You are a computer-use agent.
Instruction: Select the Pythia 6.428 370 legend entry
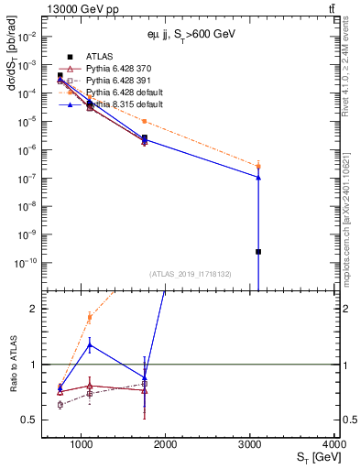(x=114, y=70)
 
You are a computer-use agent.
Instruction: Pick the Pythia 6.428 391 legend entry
(x=114, y=82)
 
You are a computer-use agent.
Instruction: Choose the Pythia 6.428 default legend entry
(x=119, y=93)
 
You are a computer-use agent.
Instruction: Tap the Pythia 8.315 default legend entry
(x=119, y=105)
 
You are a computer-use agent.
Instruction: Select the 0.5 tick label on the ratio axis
(x=30, y=420)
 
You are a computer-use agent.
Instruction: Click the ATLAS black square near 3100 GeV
(x=259, y=252)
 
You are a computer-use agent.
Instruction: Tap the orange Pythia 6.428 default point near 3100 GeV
(x=259, y=166)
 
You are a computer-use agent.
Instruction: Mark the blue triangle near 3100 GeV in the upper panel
(x=259, y=177)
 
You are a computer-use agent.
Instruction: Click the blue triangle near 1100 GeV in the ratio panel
(x=89, y=344)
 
